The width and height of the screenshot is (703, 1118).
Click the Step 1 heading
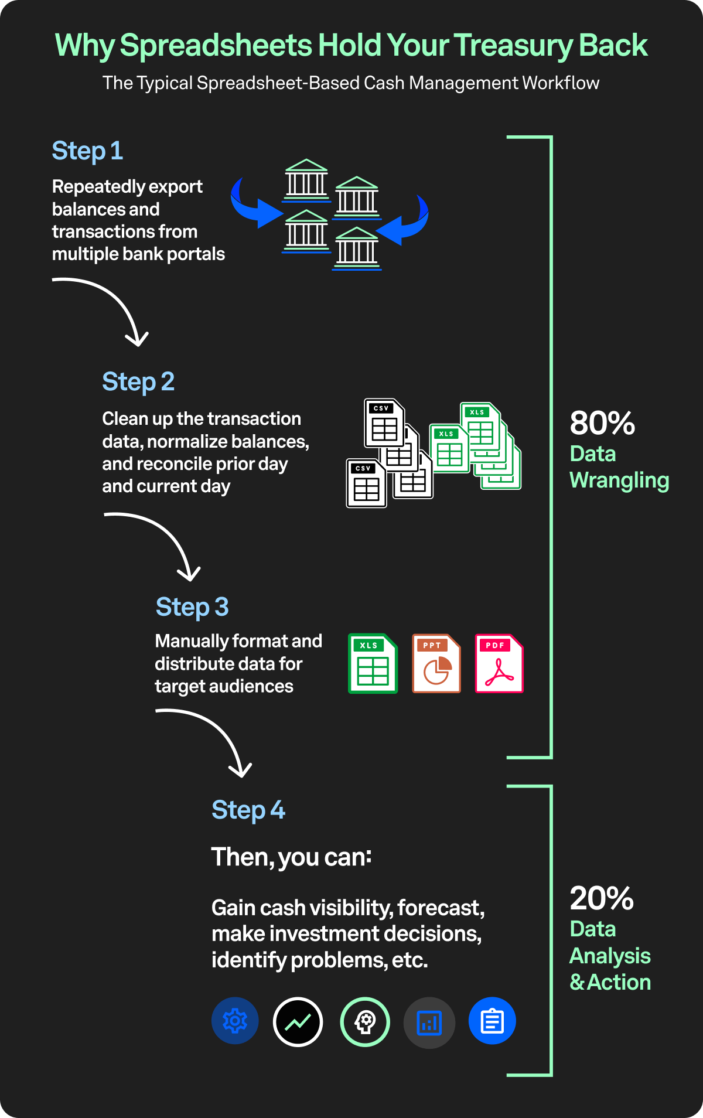tap(87, 151)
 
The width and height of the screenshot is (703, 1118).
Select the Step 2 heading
tap(138, 382)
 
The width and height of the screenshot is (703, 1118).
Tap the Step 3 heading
tap(192, 608)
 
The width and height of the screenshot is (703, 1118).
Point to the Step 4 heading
tap(248, 810)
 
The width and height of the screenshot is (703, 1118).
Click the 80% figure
tap(602, 423)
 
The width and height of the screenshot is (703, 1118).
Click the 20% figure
tap(602, 898)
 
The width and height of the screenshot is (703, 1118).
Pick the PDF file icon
tap(499, 664)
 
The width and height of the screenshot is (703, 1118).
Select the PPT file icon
tap(436, 664)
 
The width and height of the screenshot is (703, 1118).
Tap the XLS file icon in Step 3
tap(373, 664)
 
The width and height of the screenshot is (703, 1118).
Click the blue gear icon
tap(235, 1021)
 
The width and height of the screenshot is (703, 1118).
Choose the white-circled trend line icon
tap(298, 1022)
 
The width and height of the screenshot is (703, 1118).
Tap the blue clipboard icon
tap(492, 1021)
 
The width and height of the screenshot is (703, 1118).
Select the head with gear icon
tap(365, 1022)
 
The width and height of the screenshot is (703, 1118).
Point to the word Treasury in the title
tap(513, 46)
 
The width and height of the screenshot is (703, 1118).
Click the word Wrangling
tap(619, 480)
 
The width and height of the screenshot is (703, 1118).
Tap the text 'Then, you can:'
tap(291, 857)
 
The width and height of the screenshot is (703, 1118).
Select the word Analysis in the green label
tap(610, 956)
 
